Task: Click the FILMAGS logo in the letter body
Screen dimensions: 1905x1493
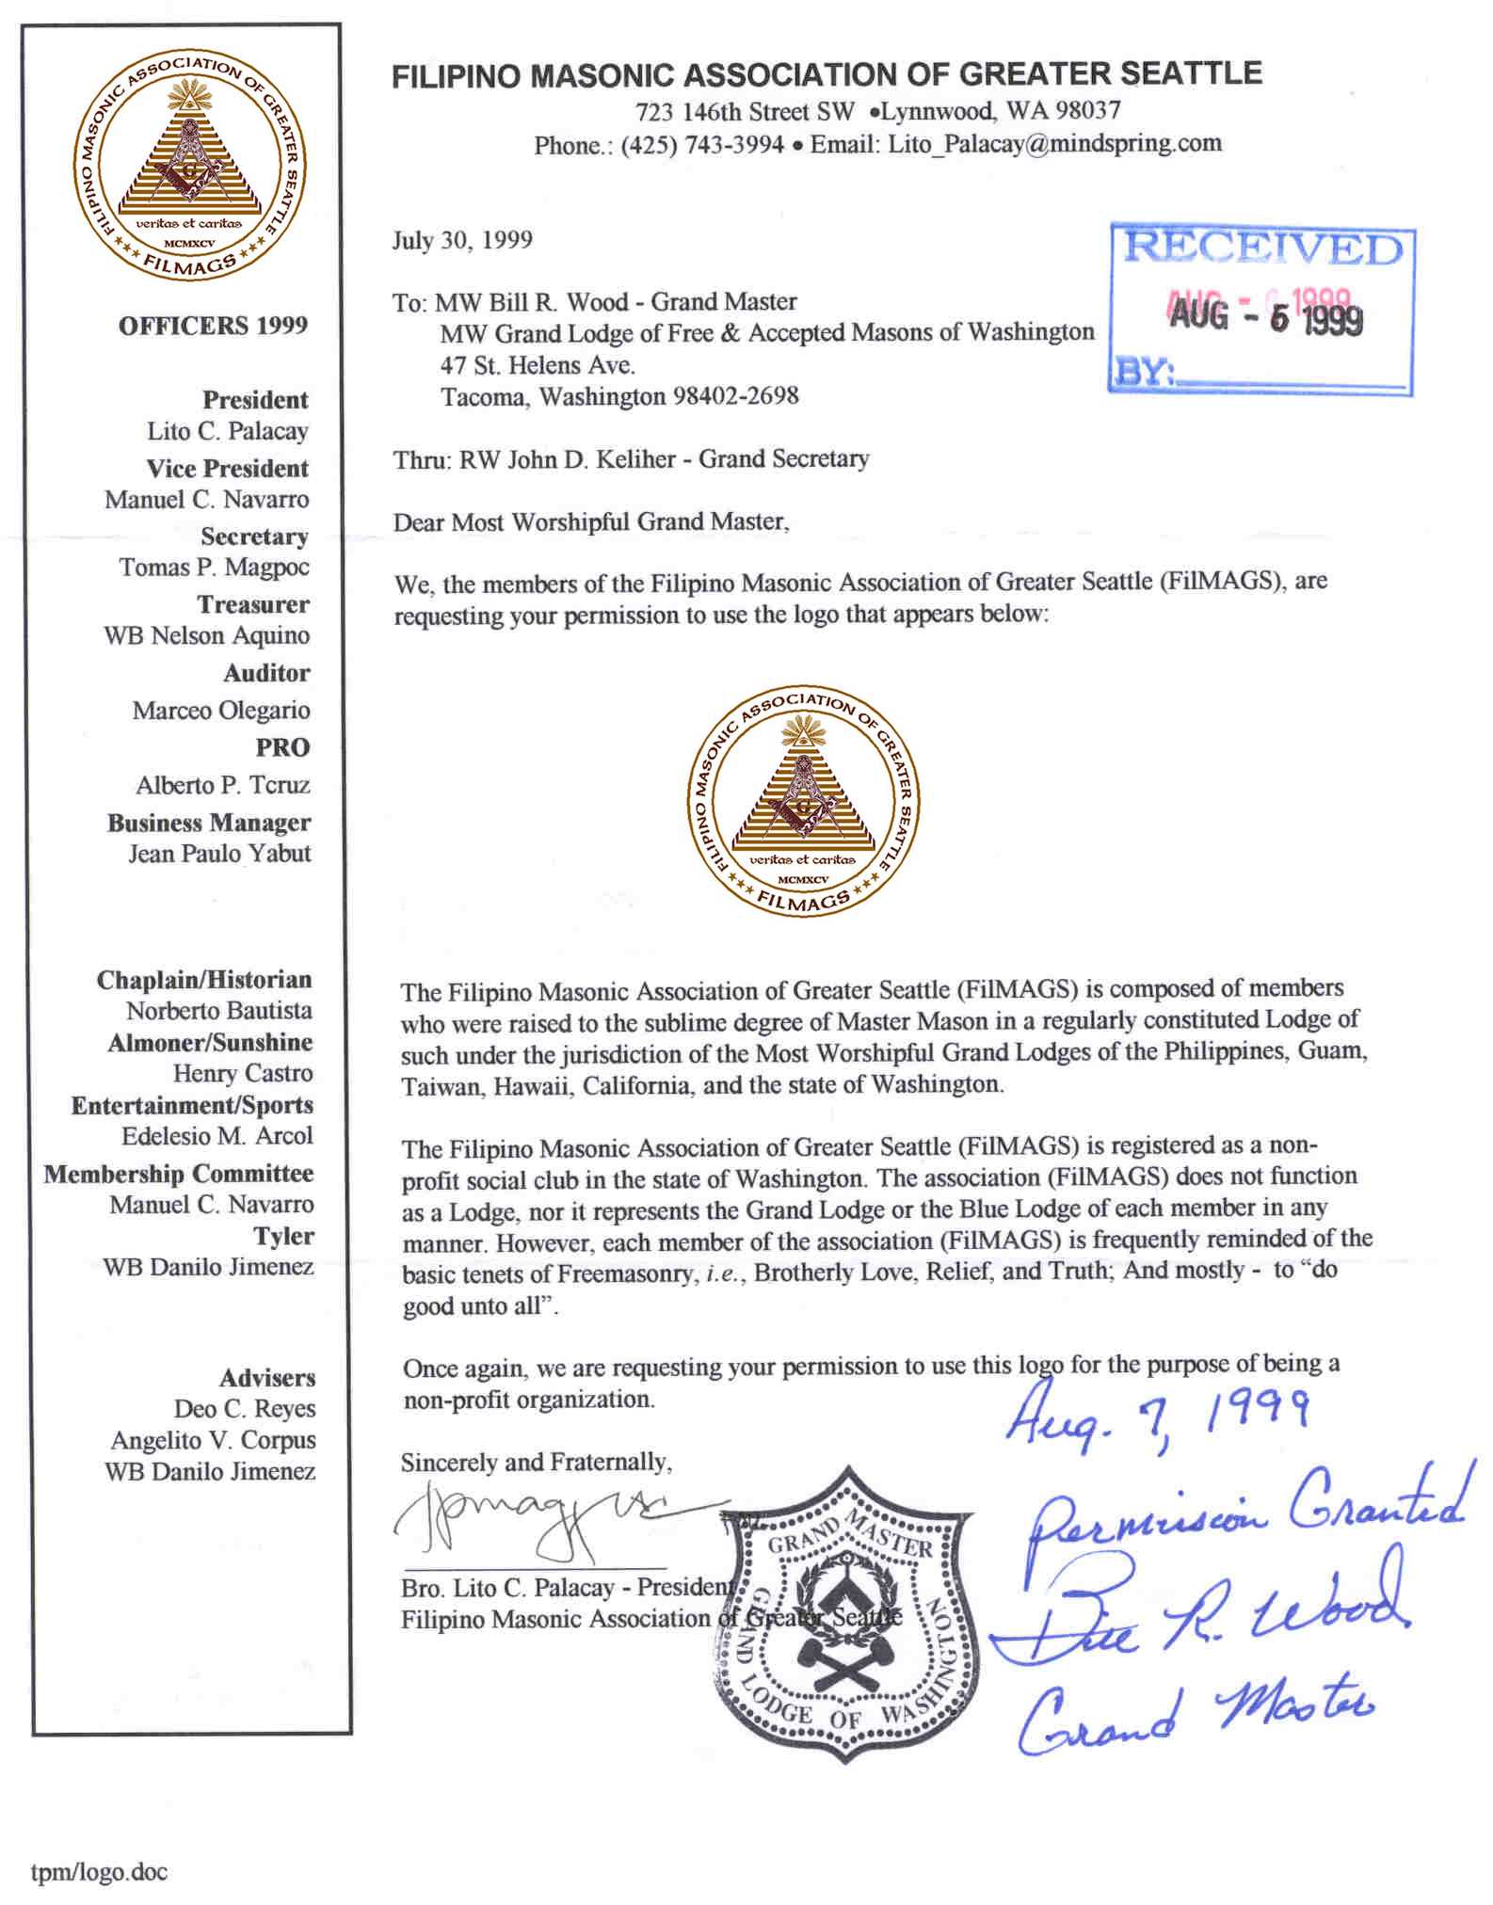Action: (803, 800)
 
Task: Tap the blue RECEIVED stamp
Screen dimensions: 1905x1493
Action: (1261, 310)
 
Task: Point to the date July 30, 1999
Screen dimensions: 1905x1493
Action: (462, 240)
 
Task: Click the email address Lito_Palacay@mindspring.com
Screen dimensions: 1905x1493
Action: (1054, 144)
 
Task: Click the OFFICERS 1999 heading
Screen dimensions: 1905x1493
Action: (213, 326)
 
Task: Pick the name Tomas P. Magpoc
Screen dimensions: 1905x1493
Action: (214, 568)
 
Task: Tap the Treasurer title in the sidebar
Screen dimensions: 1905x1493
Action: (252, 604)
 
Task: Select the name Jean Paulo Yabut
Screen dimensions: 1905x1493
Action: (219, 854)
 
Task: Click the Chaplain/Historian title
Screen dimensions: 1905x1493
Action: (203, 980)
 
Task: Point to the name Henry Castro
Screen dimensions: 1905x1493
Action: (242, 1073)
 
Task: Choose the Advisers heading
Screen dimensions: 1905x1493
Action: (267, 1378)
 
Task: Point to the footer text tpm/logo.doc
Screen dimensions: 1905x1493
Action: (99, 1872)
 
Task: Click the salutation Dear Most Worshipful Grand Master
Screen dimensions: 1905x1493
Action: (590, 521)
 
